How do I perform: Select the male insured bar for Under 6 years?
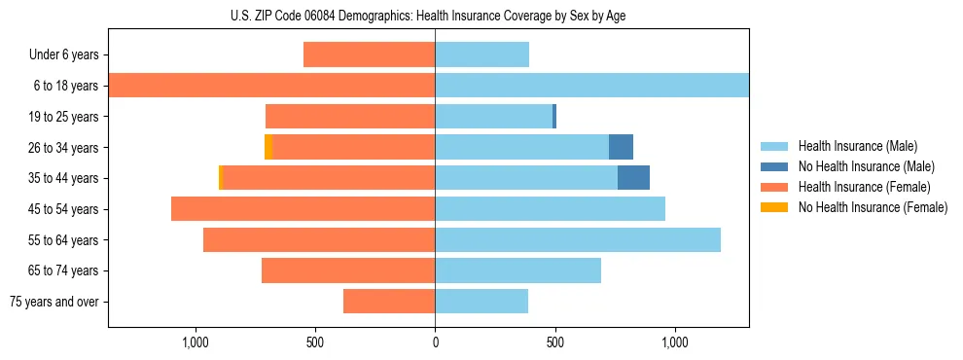[481, 54]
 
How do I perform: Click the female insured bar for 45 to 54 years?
[303, 209]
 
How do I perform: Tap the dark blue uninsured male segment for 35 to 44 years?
[633, 178]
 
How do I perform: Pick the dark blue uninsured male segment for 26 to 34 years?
[621, 147]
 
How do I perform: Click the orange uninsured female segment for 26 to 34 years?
[268, 147]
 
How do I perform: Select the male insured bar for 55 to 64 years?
[578, 239]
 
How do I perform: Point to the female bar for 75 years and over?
[389, 302]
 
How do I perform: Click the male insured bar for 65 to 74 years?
[517, 270]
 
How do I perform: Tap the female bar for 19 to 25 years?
[350, 117]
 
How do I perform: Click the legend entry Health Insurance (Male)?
[857, 146]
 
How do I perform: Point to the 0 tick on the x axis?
[435, 342]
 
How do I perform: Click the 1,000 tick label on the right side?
[674, 342]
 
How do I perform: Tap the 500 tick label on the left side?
[315, 342]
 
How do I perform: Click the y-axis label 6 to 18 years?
[65, 86]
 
